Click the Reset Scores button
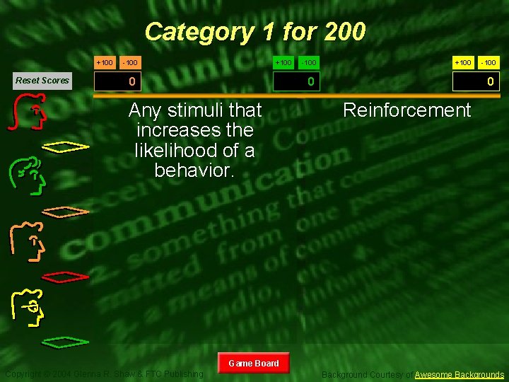[42, 80]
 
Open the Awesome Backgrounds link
[460, 374]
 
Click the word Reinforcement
[406, 110]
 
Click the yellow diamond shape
[66, 146]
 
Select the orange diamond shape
[66, 211]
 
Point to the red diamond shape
[66, 274]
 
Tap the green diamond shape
[66, 342]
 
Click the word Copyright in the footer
[25, 374]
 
